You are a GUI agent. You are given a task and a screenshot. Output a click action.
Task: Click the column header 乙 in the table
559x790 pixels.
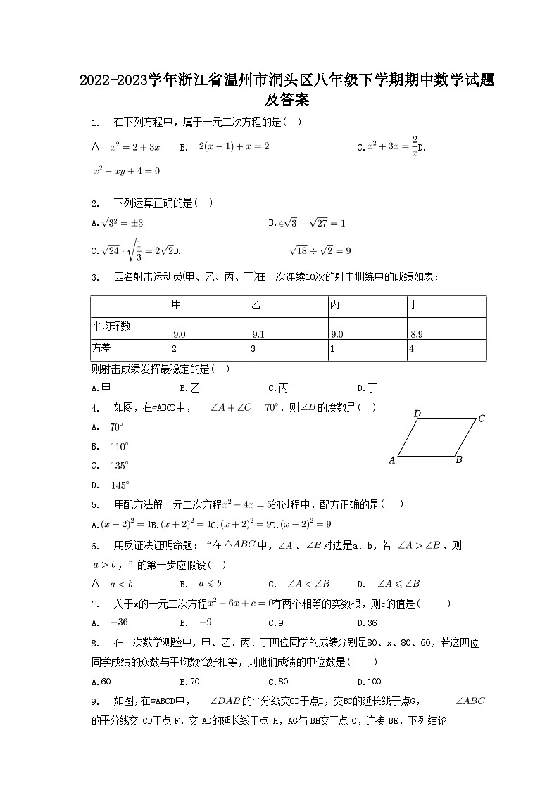(x=256, y=306)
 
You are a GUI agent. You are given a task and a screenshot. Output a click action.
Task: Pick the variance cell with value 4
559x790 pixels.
(x=412, y=349)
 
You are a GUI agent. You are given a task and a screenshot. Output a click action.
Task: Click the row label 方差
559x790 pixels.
(x=102, y=349)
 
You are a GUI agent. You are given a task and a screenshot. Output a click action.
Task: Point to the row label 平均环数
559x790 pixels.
(x=111, y=326)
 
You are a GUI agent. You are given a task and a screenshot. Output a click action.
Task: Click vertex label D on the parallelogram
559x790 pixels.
(x=417, y=414)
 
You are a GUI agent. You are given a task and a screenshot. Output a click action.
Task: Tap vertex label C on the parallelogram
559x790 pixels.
(x=481, y=419)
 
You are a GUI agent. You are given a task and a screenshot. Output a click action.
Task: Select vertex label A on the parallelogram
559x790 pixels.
(x=392, y=461)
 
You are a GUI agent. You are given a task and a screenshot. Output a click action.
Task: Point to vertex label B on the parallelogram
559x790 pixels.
(x=458, y=460)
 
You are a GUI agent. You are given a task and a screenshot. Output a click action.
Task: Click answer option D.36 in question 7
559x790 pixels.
(x=368, y=623)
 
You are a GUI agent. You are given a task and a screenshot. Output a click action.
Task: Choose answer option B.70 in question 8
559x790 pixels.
(x=190, y=682)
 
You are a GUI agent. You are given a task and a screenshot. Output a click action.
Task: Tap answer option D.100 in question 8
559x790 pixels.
(x=370, y=682)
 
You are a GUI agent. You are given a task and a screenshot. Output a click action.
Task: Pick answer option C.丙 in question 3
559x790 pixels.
(x=279, y=388)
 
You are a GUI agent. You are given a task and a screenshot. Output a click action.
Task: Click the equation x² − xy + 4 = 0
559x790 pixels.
(x=127, y=171)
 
